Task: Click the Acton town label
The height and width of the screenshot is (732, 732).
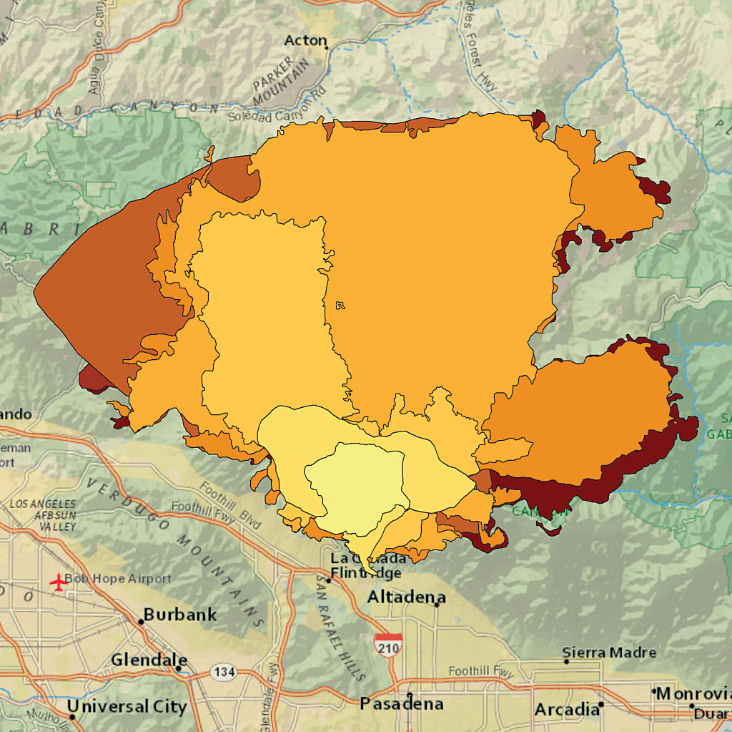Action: (x=305, y=41)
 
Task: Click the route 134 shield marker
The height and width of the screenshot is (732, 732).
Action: (x=222, y=672)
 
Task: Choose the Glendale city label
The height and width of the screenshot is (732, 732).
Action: (x=149, y=660)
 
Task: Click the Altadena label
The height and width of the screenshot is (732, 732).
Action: (x=406, y=597)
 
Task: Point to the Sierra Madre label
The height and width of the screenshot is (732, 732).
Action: (x=609, y=653)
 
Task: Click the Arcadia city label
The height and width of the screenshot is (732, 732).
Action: (x=567, y=710)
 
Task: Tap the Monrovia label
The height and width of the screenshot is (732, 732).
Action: (x=693, y=693)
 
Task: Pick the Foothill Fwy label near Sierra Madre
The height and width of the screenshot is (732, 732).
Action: (x=481, y=671)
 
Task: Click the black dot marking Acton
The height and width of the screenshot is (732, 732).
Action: (x=327, y=48)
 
